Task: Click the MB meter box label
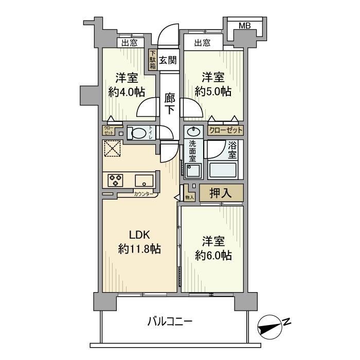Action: tap(245, 25)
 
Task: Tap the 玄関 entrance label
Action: tap(167, 60)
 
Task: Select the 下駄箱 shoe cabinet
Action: tap(153, 60)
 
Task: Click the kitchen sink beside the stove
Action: tap(143, 181)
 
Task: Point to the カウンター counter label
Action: tap(142, 194)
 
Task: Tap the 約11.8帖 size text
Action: tap(139, 249)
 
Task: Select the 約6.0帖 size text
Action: tap(213, 255)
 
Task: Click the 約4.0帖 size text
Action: tap(126, 92)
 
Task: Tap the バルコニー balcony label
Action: tap(170, 322)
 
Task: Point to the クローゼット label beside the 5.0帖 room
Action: tap(226, 131)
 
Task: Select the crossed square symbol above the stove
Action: tap(112, 149)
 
